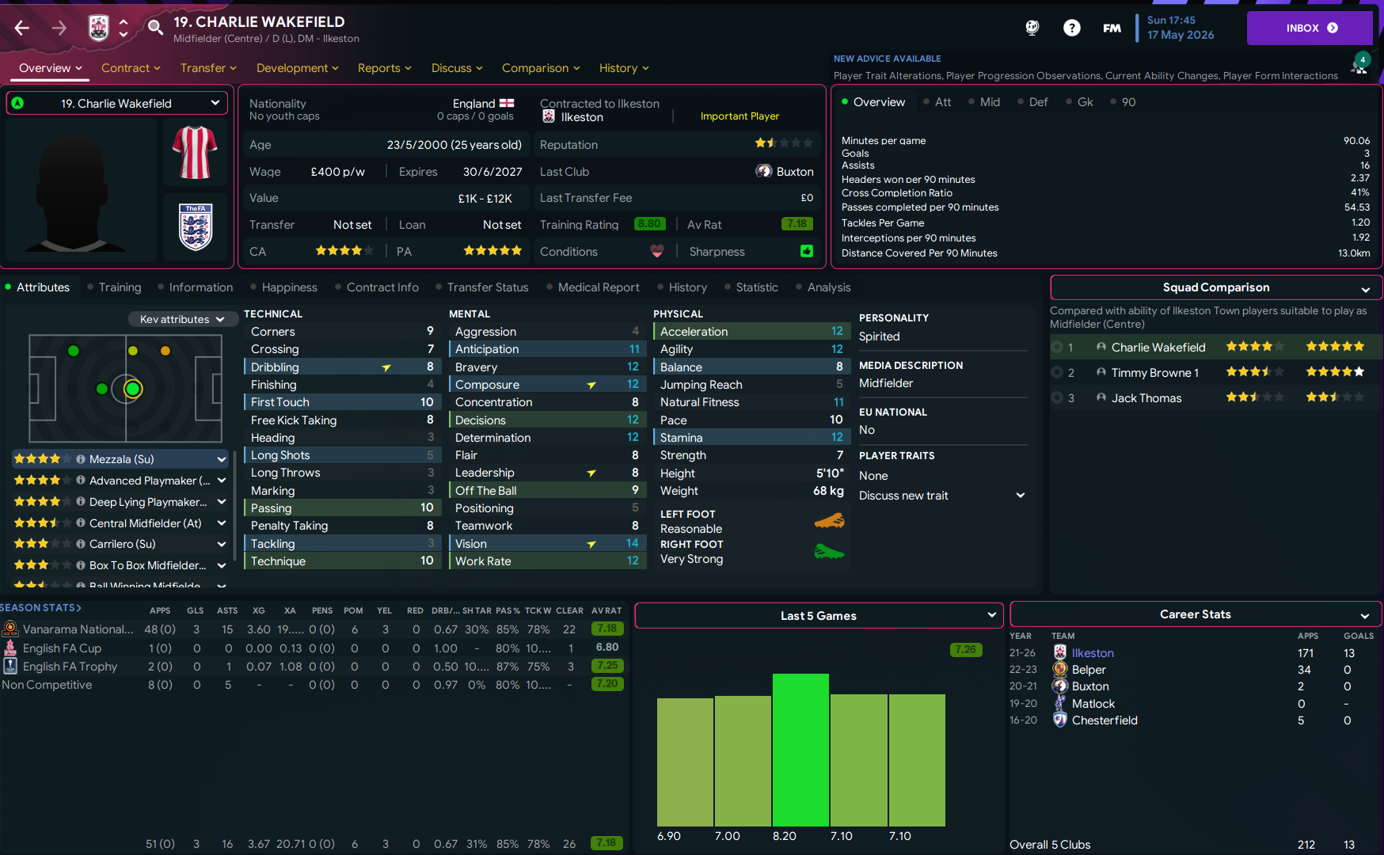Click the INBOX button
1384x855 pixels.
click(x=1309, y=28)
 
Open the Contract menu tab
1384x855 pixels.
click(x=131, y=68)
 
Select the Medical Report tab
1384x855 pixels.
click(x=598, y=287)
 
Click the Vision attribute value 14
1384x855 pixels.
click(x=632, y=544)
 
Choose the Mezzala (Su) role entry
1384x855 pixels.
click(x=121, y=459)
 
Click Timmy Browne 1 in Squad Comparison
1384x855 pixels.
click(x=1154, y=373)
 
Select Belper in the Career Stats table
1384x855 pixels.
click(x=1089, y=670)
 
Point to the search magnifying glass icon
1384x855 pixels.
click(x=155, y=28)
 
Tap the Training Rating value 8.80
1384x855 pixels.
click(x=649, y=224)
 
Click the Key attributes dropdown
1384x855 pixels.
click(x=182, y=319)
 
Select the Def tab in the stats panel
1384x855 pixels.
click(x=1038, y=102)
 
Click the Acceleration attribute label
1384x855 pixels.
click(x=694, y=332)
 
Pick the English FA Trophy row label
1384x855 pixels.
click(x=70, y=667)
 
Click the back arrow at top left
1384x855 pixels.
click(x=22, y=28)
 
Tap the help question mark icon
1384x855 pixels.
click(x=1071, y=28)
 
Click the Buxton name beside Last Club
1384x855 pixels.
click(x=794, y=172)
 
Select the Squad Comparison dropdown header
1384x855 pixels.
click(x=1215, y=287)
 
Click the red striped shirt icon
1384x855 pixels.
click(x=195, y=152)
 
